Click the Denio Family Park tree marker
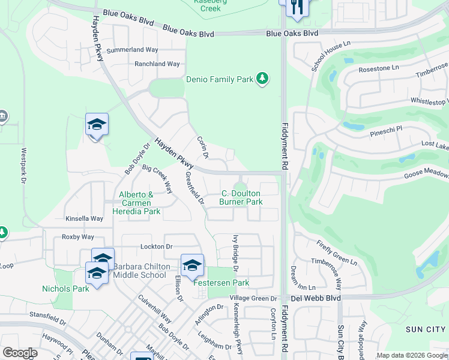262,79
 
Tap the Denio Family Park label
220,79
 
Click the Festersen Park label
221,283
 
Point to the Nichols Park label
65,288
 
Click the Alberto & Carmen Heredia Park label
139,203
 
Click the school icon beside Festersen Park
192,265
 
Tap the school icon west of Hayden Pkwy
97,125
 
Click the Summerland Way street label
131,50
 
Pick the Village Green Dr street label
253,298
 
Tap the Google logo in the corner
19,353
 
